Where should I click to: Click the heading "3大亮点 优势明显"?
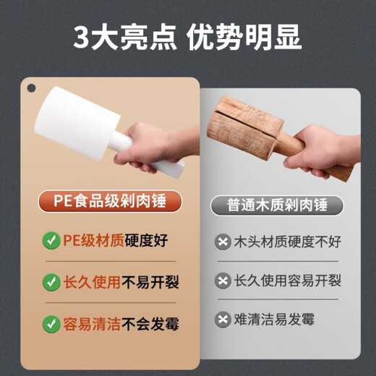(x=187, y=35)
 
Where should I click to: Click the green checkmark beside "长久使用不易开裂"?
(x=51, y=281)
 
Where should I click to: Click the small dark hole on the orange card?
(x=31, y=88)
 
